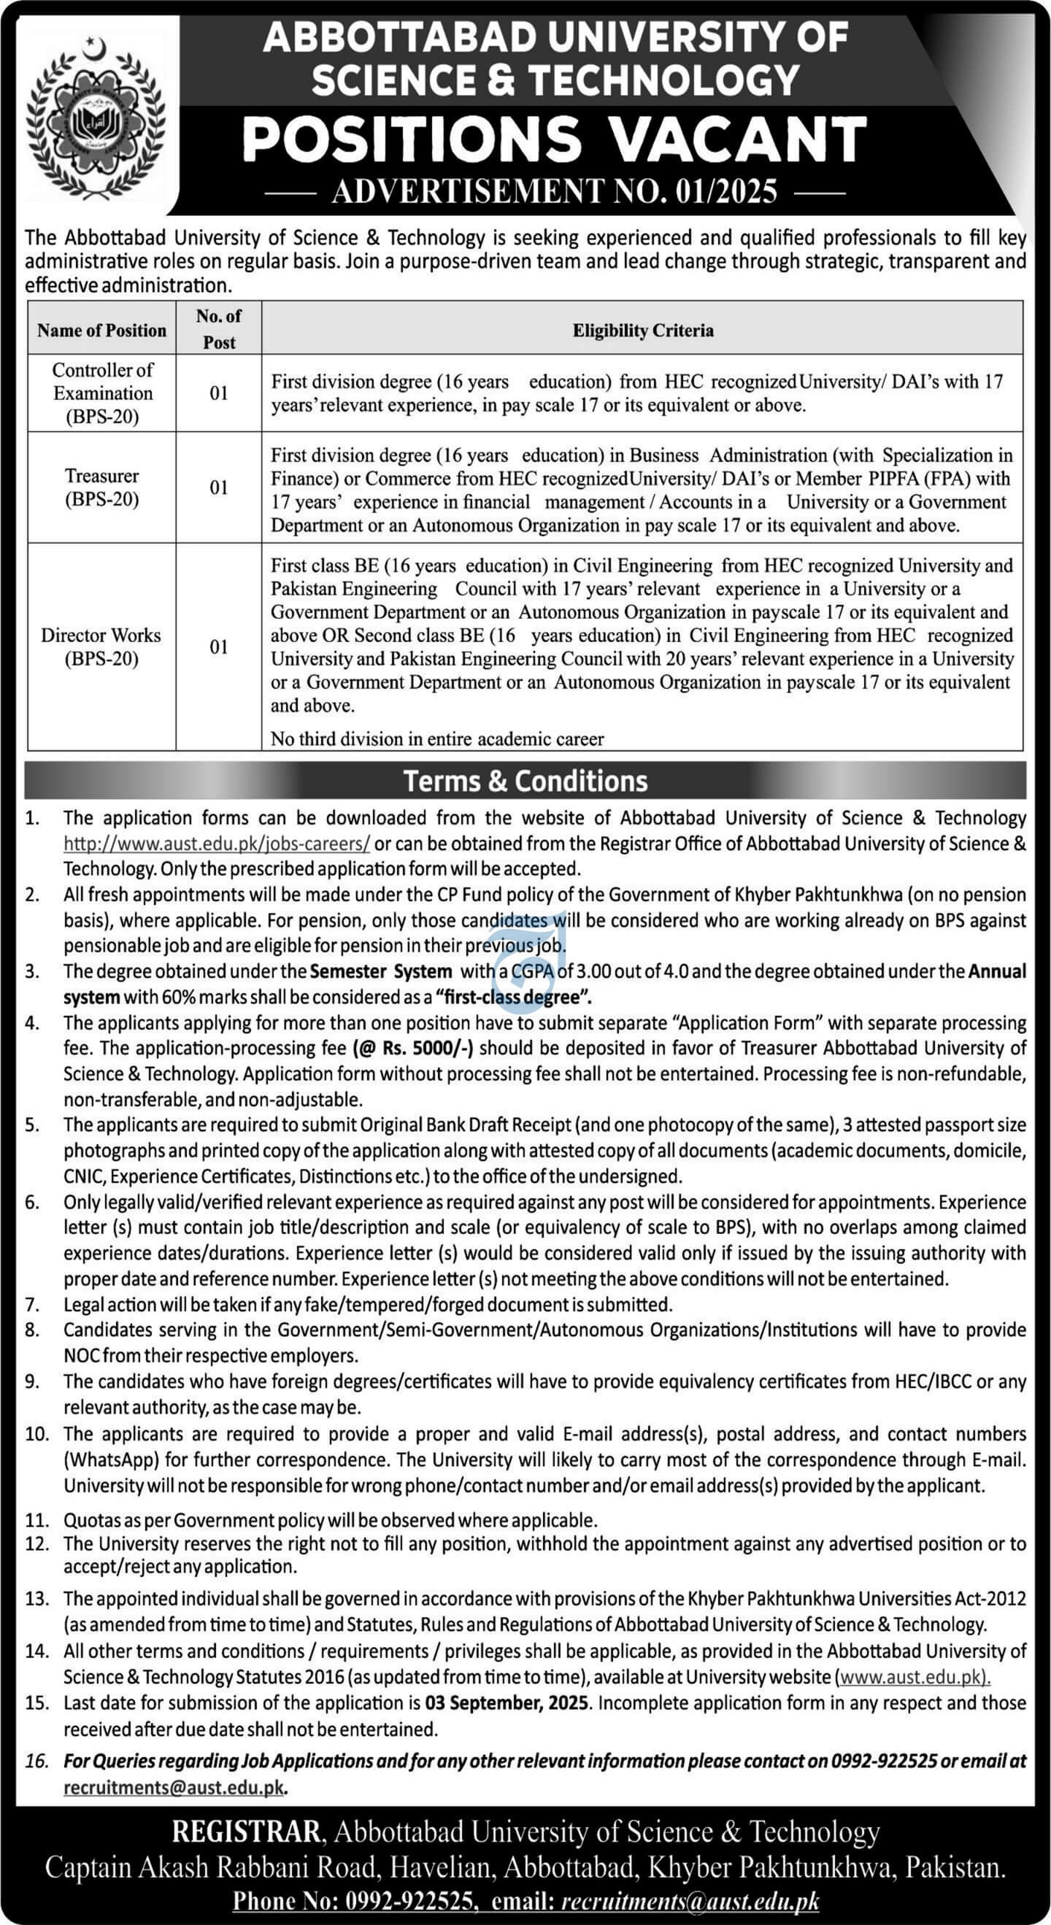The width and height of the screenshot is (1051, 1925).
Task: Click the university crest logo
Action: pyautogui.click(x=95, y=115)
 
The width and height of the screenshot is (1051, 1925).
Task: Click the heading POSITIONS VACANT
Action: pyautogui.click(x=554, y=140)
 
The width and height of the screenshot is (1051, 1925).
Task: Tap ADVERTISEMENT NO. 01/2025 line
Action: pyautogui.click(x=554, y=191)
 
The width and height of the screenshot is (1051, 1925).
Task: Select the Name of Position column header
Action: pyautogui.click(x=101, y=331)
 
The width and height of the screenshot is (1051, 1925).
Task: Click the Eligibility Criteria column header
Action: pyautogui.click(x=642, y=331)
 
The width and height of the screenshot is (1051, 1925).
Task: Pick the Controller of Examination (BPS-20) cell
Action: pyautogui.click(x=102, y=393)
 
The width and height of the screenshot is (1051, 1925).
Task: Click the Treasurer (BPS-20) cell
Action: pyautogui.click(x=101, y=487)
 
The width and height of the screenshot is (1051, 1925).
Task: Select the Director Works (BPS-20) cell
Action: pyautogui.click(x=101, y=647)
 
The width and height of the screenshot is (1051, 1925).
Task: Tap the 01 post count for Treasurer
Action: pyautogui.click(x=218, y=487)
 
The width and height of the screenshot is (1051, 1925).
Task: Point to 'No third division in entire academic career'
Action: pyautogui.click(x=436, y=739)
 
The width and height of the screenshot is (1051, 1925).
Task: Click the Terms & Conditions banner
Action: pyautogui.click(x=525, y=781)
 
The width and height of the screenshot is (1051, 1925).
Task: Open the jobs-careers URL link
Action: pyautogui.click(x=216, y=844)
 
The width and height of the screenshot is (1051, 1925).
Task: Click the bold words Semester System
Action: pyautogui.click(x=380, y=971)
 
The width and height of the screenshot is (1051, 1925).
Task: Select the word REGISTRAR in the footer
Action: pyautogui.click(x=247, y=1832)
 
